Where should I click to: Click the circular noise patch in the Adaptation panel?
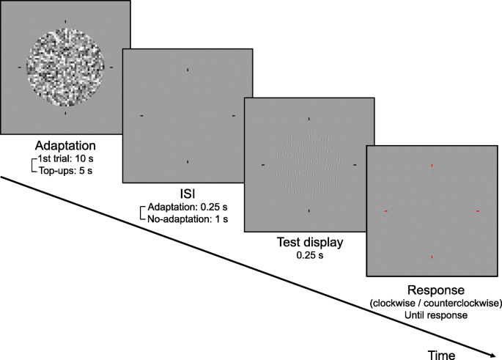point(65,66)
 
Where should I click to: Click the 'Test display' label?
point(309,242)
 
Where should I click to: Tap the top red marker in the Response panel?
point(432,166)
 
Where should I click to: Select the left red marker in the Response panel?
point(385,212)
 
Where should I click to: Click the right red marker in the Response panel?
point(478,212)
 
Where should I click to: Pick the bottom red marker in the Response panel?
point(432,257)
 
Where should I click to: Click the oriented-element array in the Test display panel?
point(309,165)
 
